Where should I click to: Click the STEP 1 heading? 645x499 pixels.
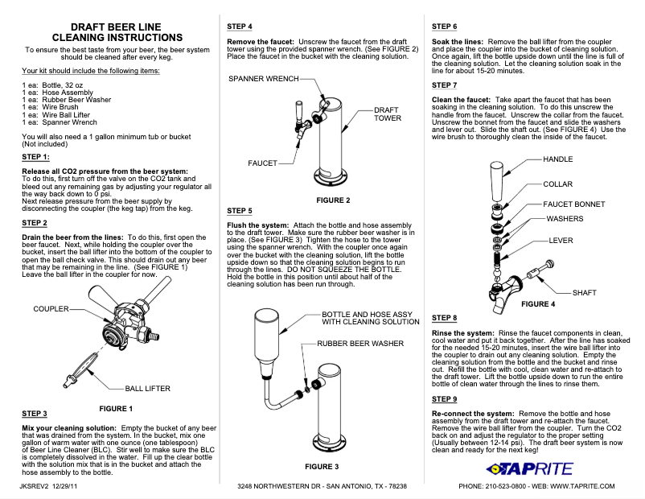[35, 156]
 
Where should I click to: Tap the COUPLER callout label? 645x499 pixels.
[51, 308]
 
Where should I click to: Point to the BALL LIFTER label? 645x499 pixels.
[147, 388]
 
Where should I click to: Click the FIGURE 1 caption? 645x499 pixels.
[115, 408]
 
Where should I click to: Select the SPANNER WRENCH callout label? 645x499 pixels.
[264, 79]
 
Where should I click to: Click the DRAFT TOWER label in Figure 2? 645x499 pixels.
[388, 113]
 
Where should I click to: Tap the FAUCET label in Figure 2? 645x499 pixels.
[262, 163]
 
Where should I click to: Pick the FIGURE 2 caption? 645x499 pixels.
[333, 200]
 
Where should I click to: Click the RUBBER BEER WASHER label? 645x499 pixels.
[359, 343]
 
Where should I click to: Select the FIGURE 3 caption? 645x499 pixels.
[322, 466]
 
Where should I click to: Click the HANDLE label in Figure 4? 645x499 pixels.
[559, 159]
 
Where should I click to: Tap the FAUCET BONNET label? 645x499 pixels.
[573, 204]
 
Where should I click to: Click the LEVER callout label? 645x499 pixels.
[561, 240]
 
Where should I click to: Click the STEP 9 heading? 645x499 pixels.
[444, 398]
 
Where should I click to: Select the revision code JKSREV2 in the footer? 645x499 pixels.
[33, 486]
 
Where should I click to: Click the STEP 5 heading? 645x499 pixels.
[240, 211]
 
